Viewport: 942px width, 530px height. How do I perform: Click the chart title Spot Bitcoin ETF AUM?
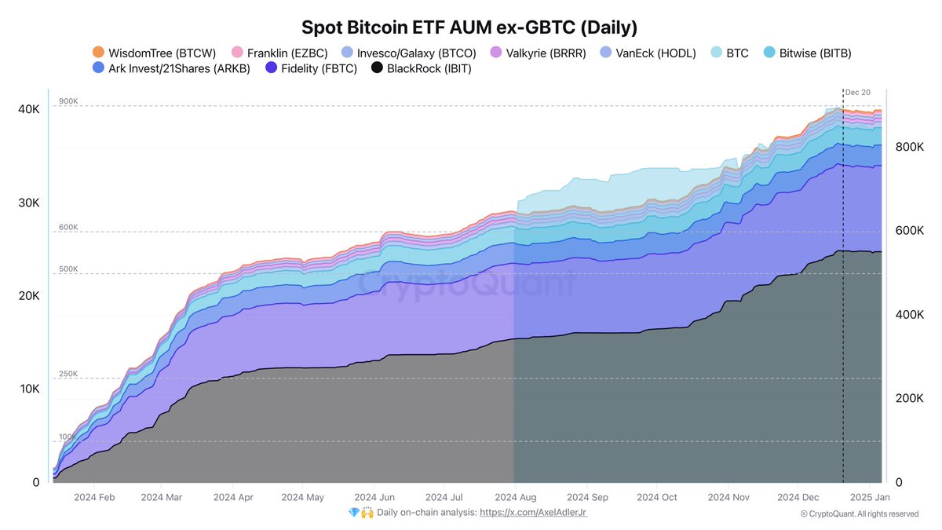pyautogui.click(x=469, y=27)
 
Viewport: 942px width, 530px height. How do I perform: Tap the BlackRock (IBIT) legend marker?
pyautogui.click(x=377, y=69)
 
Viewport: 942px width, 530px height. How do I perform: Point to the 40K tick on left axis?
pyautogui.click(x=28, y=109)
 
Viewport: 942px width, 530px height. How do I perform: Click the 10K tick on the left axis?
pyautogui.click(x=28, y=389)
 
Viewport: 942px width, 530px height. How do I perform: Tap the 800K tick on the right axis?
pyautogui.click(x=909, y=147)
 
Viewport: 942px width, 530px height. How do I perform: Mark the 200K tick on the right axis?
pyautogui.click(x=909, y=398)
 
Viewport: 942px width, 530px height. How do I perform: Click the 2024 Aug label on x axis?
pyautogui.click(x=516, y=497)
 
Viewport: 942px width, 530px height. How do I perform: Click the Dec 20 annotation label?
pyautogui.click(x=857, y=93)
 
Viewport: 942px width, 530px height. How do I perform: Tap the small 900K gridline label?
pyautogui.click(x=68, y=101)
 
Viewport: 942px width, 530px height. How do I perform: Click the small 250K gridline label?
pyautogui.click(x=68, y=374)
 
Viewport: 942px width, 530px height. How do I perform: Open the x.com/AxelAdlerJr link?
pyautogui.click(x=533, y=513)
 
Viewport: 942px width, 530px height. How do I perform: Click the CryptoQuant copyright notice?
pyautogui.click(x=859, y=514)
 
